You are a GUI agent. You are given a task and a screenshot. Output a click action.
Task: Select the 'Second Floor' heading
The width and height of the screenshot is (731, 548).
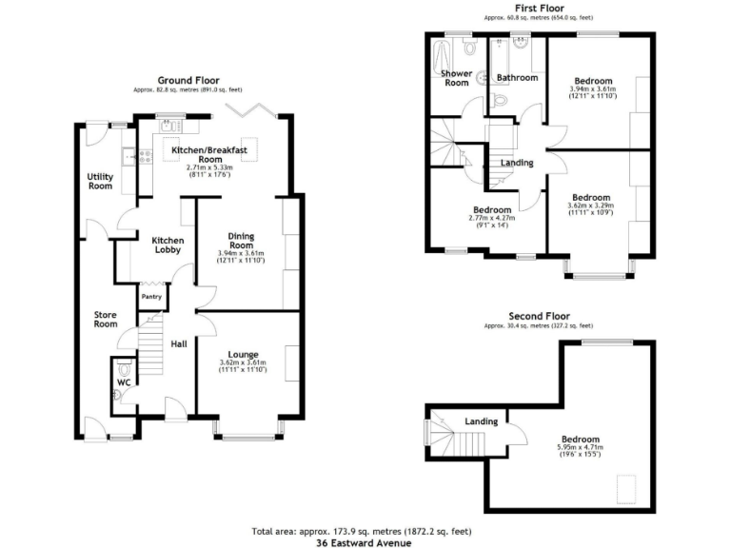click(x=538, y=316)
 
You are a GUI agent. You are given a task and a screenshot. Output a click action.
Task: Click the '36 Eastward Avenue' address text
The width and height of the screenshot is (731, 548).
click(x=366, y=541)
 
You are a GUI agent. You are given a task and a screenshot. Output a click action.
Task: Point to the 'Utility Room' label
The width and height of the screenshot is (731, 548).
click(x=100, y=181)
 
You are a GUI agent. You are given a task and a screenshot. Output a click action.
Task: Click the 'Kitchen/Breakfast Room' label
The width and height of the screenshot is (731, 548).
click(x=208, y=155)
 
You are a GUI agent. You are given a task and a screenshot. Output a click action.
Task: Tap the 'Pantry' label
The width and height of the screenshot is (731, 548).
click(x=152, y=297)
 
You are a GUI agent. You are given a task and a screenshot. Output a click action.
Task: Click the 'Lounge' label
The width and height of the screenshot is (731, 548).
click(x=243, y=355)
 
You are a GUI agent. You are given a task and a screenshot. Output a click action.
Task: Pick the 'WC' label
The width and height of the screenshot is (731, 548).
click(x=123, y=383)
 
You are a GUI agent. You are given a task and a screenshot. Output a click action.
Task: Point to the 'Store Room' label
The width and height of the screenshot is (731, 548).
click(x=106, y=319)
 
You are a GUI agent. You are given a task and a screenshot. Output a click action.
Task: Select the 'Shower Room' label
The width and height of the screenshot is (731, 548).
click(x=456, y=77)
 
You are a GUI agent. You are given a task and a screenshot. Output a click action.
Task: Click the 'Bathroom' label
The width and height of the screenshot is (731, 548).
click(x=518, y=77)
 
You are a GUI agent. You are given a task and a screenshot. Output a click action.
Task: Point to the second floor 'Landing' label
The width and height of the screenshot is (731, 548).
click(x=482, y=421)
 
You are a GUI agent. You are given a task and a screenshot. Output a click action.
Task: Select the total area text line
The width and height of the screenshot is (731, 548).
click(x=365, y=531)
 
